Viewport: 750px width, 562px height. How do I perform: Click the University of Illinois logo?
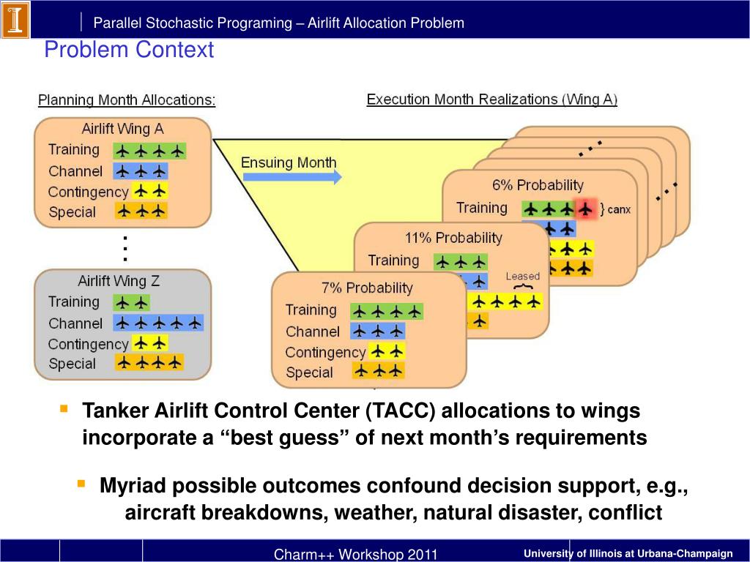15,20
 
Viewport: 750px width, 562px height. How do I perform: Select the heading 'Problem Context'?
129,50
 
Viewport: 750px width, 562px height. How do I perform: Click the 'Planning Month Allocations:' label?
127,100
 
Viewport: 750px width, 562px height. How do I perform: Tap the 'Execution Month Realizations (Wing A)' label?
491,100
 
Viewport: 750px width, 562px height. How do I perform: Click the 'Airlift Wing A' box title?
122,129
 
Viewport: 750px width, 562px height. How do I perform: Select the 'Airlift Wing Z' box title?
119,281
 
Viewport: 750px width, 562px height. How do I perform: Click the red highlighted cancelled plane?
584,209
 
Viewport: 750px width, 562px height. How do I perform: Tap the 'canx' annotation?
618,210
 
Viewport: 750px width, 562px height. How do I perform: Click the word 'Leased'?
522,276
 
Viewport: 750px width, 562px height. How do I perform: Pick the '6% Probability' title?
538,185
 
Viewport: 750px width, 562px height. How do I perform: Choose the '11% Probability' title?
453,238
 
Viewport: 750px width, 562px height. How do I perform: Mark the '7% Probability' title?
367,288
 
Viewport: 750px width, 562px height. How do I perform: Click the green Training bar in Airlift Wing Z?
131,302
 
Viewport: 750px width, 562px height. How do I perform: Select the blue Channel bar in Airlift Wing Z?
157,323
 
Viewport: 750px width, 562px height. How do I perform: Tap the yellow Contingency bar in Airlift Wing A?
150,192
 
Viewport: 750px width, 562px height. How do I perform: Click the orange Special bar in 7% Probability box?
378,371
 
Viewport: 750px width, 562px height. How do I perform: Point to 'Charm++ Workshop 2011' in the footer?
355,554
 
